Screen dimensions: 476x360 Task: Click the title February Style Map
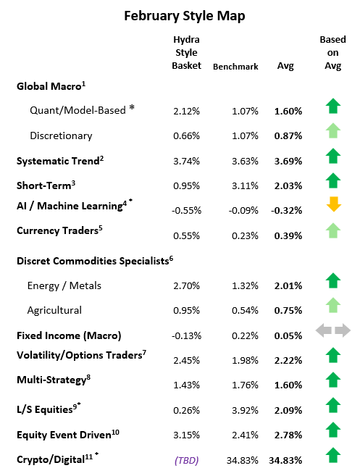tap(180, 15)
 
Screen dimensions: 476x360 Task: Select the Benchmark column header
tap(235, 67)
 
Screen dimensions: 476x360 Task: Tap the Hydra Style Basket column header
tap(186, 52)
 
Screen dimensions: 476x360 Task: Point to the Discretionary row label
tap(61, 135)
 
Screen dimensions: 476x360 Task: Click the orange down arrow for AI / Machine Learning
tap(332, 205)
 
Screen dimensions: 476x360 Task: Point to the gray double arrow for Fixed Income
tap(332, 330)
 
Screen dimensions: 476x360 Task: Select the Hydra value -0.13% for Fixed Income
tap(186, 337)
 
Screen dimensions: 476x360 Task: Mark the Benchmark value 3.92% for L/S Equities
tap(235, 412)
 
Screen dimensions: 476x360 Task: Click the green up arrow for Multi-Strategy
tap(332, 379)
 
